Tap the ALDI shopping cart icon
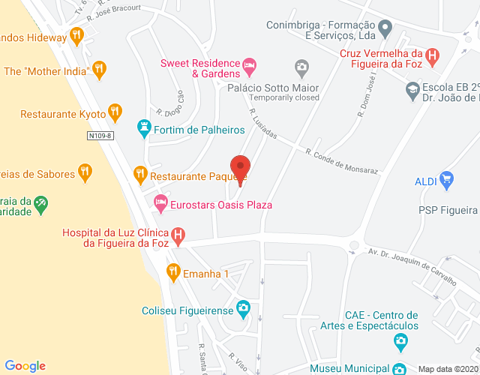coord(447,180)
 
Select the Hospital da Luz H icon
coord(178,236)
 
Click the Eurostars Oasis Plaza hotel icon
coord(160,203)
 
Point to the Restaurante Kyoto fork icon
coord(114,113)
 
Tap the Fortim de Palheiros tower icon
coord(143,129)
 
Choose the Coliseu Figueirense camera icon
coord(243,308)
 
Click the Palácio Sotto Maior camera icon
coord(301,68)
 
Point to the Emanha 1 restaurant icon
coord(174,272)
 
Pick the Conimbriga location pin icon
coord(385,31)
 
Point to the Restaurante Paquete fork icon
coord(139,175)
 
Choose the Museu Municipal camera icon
coord(400,368)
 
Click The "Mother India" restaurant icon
coord(99,71)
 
